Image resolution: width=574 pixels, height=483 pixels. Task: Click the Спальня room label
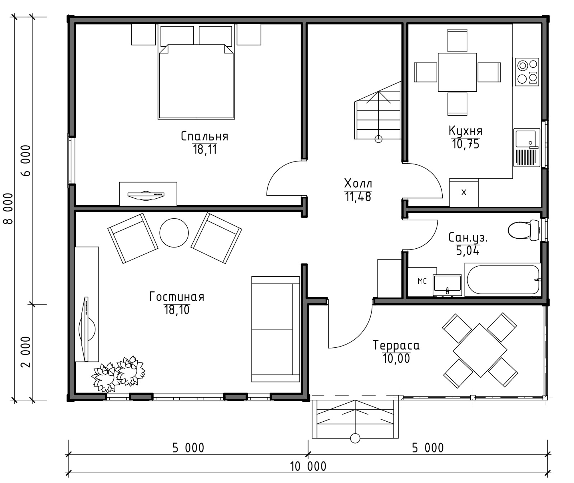point(204,136)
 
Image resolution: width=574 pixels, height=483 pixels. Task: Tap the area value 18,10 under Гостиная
point(177,310)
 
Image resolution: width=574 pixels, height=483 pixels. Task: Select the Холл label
point(358,183)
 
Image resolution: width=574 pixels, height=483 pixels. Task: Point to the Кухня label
point(466,130)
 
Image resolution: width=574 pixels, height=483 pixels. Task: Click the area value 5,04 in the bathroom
point(468,251)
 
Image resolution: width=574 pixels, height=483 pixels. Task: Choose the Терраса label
point(396,345)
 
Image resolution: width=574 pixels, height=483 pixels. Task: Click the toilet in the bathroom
point(523,230)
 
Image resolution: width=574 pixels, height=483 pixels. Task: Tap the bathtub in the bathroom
point(503,280)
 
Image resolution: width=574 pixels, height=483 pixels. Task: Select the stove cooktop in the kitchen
point(527,72)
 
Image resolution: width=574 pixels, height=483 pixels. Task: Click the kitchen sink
point(527,147)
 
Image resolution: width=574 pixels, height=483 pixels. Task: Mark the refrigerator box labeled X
point(464,193)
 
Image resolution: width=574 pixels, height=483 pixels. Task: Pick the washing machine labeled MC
point(422,282)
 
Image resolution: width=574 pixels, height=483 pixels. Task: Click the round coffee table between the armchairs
point(174,233)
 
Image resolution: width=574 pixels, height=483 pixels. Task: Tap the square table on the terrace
point(480,350)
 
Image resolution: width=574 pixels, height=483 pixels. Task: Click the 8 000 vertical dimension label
point(8,208)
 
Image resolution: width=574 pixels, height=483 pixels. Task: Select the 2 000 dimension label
point(26,352)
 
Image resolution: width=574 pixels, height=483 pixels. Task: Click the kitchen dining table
point(457,72)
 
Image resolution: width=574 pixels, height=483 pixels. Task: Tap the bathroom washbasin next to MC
point(447,285)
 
